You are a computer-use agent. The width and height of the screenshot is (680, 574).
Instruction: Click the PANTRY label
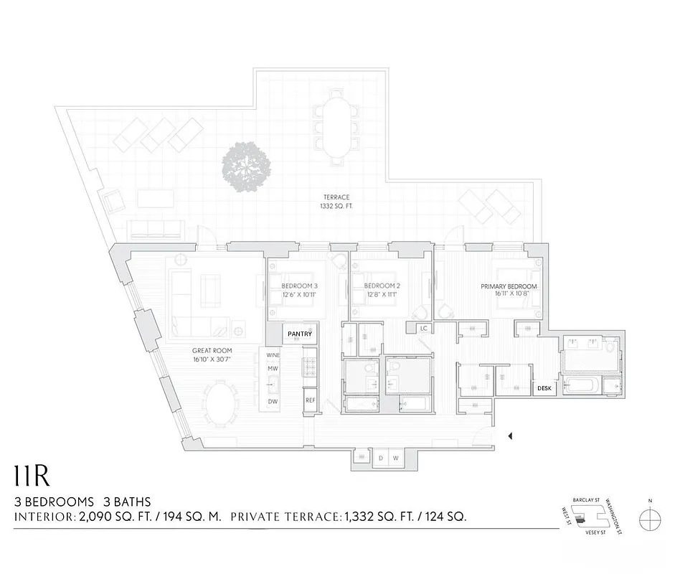coord(300,334)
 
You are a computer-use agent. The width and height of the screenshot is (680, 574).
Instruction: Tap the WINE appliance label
coord(273,355)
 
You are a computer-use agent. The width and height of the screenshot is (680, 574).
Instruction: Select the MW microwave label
coord(273,369)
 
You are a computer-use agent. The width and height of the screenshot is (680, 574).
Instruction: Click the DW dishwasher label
coord(273,402)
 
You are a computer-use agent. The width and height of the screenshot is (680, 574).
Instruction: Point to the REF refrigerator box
coord(311,400)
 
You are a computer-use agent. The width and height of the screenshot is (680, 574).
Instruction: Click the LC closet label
coord(424,328)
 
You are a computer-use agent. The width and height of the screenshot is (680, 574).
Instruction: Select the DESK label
coord(544,389)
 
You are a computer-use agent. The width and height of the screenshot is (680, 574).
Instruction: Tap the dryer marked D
coord(380,458)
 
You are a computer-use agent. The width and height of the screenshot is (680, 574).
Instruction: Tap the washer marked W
coord(395,458)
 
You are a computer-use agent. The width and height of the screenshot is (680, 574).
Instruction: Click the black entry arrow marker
coord(510,436)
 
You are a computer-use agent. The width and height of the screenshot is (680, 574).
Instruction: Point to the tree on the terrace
coord(246,167)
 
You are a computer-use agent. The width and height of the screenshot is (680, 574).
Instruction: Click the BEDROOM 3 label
coord(299,286)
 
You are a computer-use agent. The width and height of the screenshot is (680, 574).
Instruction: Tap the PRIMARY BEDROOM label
coord(509,286)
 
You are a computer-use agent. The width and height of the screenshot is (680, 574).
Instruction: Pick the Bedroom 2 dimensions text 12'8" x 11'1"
coord(381,295)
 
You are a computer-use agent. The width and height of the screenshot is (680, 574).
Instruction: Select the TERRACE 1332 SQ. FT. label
coord(336,202)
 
